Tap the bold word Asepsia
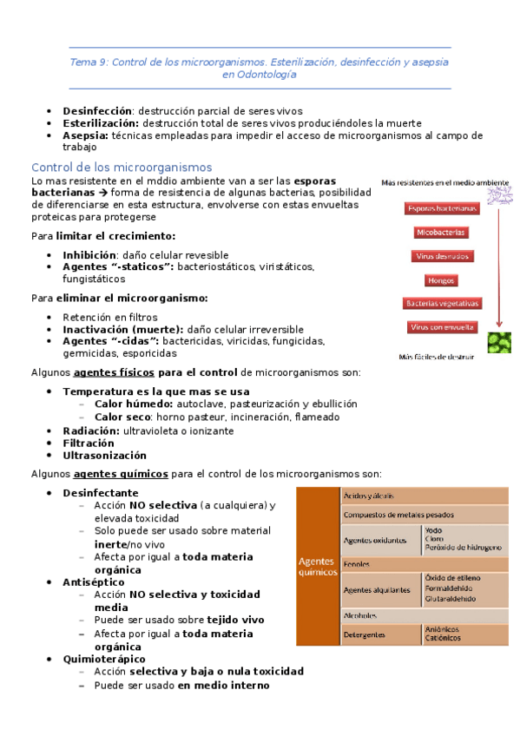[x=85, y=135]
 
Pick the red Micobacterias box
[x=441, y=233]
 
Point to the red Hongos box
[x=441, y=280]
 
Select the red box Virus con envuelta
[x=441, y=327]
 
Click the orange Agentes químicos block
[x=317, y=565]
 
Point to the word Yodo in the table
[x=433, y=529]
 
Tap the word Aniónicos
[x=442, y=629]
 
